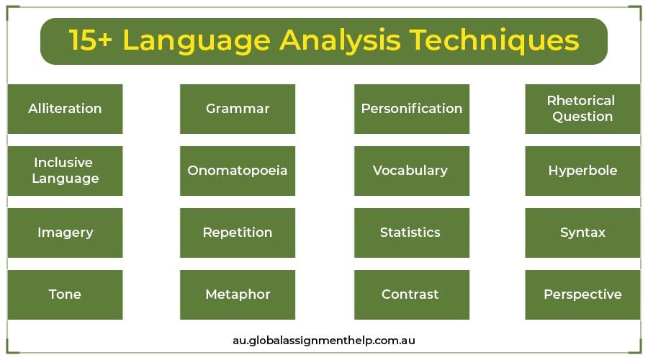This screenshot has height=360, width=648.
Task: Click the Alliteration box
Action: pos(66,109)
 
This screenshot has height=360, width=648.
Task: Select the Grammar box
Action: pos(238,109)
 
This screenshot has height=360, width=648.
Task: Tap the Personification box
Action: pos(412,109)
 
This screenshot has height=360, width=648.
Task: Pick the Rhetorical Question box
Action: pos(582,109)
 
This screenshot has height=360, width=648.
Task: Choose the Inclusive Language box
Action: pos(66,171)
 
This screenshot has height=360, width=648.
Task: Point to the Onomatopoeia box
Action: pos(238,171)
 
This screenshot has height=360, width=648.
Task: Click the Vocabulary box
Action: pos(412,171)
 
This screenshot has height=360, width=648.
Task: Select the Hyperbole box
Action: pos(582,171)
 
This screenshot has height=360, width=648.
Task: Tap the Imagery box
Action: pos(66,233)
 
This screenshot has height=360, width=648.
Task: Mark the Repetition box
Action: pos(238,233)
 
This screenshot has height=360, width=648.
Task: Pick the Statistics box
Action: pos(412,233)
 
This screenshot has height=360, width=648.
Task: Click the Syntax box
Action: pos(582,233)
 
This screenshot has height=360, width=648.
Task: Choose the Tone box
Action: pos(66,294)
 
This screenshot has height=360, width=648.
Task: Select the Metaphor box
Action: pos(238,294)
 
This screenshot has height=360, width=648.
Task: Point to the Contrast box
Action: pos(412,294)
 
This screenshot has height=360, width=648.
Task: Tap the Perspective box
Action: pos(582,294)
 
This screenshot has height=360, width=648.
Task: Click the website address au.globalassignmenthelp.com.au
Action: pos(324,341)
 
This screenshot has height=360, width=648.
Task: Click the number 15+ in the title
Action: pos(91,40)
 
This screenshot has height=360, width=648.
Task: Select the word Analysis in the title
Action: pos(340,41)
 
